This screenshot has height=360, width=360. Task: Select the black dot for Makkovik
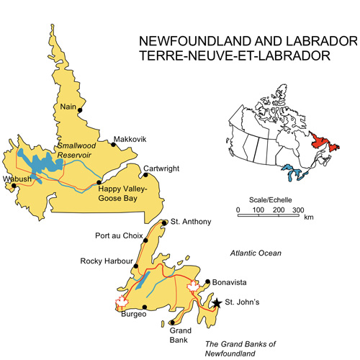coord(112,142)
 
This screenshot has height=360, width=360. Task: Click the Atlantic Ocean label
coord(256,253)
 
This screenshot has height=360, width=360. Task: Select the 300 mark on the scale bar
coord(298,210)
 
